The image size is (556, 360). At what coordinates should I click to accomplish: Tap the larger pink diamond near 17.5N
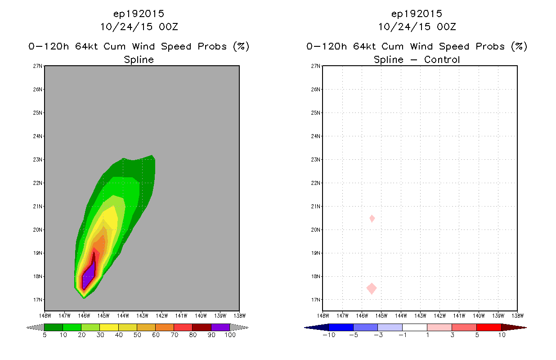pos(372,288)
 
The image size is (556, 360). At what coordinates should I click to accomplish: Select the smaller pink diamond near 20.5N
pos(372,219)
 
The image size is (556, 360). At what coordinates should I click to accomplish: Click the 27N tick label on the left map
pos(37,66)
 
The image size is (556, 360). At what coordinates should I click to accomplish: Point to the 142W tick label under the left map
pos(161,316)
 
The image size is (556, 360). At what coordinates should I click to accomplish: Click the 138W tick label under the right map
pos(517,316)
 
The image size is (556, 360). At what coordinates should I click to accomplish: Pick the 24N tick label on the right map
pos(315,136)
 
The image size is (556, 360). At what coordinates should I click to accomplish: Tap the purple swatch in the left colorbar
pos(220,327)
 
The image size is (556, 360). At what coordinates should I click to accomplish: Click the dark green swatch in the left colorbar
pos(54,327)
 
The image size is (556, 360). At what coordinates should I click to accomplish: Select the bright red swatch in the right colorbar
pos(489,327)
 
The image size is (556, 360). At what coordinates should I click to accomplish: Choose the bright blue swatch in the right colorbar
pos(341,327)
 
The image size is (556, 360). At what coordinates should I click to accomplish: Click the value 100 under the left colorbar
pos(230,335)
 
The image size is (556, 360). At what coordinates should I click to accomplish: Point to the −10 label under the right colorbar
pos(329,335)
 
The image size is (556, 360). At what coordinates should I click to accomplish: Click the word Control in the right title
pos(442,59)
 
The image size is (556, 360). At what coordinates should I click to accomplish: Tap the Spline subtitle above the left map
pos(139,60)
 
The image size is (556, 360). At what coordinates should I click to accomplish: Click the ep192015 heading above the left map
pos(139,13)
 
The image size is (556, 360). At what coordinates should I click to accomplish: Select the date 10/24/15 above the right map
pos(404,27)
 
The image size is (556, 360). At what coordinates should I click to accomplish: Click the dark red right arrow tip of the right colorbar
pos(526,328)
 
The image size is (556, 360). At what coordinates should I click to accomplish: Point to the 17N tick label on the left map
pos(37,300)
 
